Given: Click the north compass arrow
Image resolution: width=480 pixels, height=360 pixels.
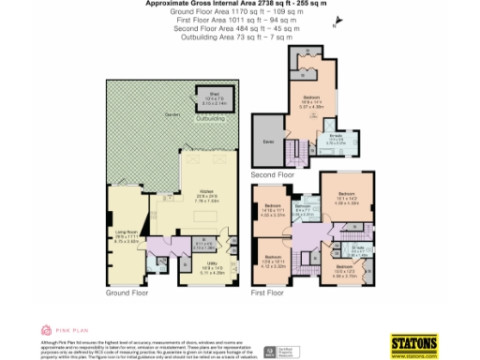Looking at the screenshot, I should (330, 29).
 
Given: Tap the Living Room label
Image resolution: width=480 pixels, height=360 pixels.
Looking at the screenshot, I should (126, 235).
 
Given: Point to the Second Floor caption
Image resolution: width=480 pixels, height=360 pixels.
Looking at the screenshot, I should (273, 174).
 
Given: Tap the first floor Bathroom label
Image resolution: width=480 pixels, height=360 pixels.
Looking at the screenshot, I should (303, 209).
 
